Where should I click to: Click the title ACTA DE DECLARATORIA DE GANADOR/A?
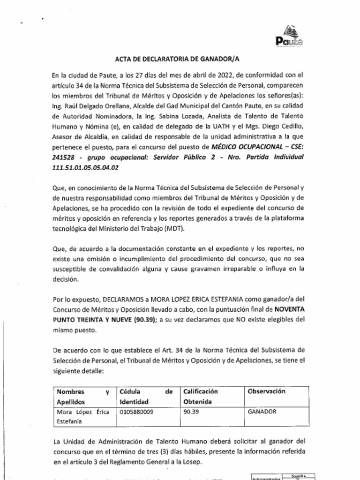coord(180,59)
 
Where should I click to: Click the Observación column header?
coord(266,391)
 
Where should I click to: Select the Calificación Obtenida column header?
coord(201,397)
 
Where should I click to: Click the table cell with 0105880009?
coord(137,412)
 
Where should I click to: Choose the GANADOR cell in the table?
coord(262,412)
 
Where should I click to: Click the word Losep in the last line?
coord(193,462)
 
